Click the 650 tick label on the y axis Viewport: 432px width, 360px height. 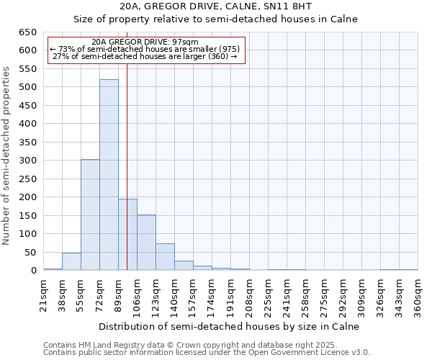27,32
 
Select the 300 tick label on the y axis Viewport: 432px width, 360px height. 27,161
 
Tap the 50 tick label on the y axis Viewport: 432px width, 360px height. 30,253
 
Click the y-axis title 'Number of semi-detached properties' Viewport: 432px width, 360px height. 7,156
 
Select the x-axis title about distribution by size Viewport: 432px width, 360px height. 228,326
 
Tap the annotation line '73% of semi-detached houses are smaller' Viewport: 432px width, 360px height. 144,49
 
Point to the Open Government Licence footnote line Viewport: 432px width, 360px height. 207,352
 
